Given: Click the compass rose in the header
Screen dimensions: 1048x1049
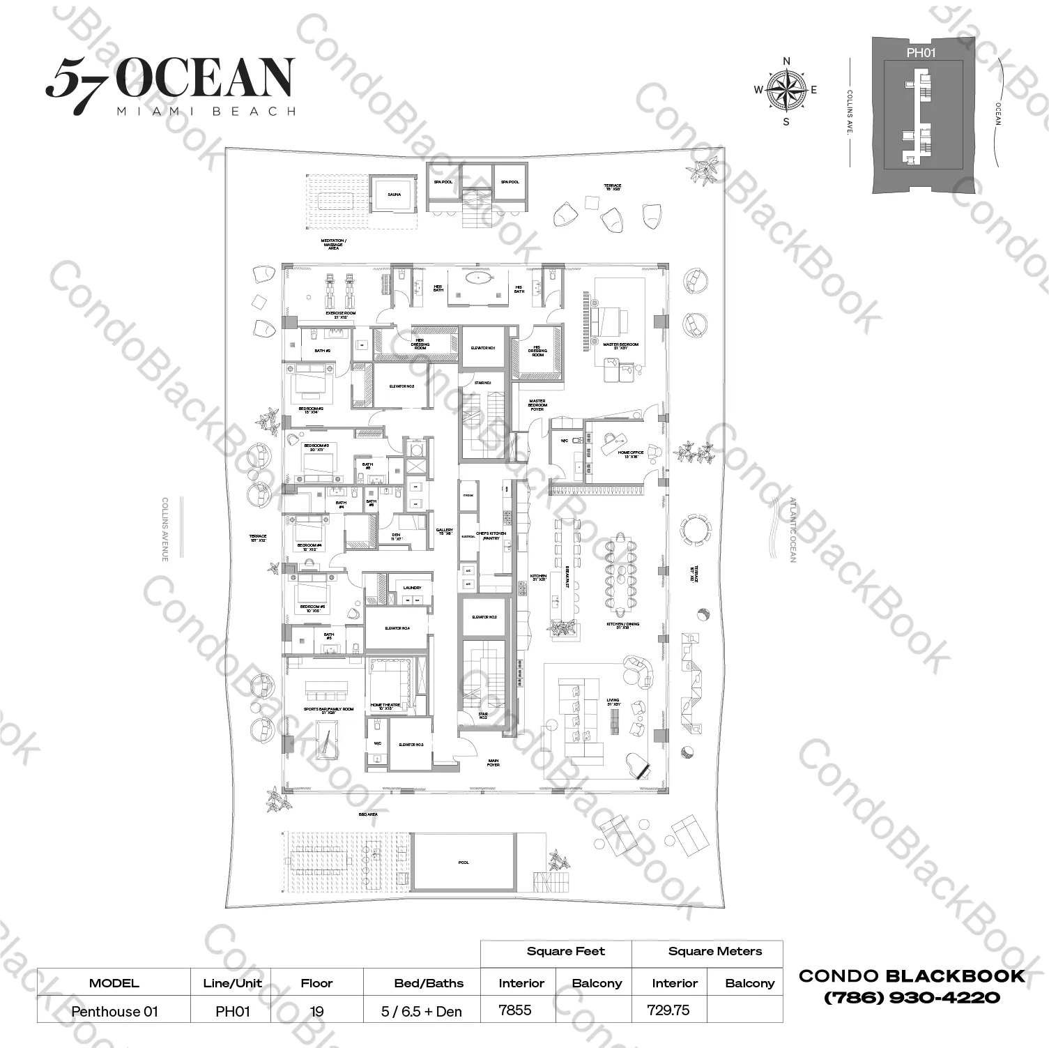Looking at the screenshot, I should (x=786, y=90).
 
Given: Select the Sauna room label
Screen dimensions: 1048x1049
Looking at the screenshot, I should (x=394, y=195).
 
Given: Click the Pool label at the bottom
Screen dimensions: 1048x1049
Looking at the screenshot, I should (x=464, y=863).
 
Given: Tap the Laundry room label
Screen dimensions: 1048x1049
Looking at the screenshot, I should (x=412, y=588).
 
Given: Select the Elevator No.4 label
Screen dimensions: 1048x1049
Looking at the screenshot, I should (x=397, y=628).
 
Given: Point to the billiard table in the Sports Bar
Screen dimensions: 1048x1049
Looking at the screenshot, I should (x=326, y=743).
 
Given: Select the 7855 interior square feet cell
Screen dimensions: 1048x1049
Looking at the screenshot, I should (x=515, y=1010).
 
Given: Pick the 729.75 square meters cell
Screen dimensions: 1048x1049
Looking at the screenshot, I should (x=668, y=1010).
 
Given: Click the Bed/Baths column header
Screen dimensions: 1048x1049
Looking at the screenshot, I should (x=429, y=983).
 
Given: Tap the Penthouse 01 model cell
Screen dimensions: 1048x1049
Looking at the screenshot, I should (x=114, y=1011).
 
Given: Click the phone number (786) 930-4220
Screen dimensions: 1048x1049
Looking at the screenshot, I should (x=912, y=998).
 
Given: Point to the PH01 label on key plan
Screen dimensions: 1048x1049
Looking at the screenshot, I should (x=921, y=52).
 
